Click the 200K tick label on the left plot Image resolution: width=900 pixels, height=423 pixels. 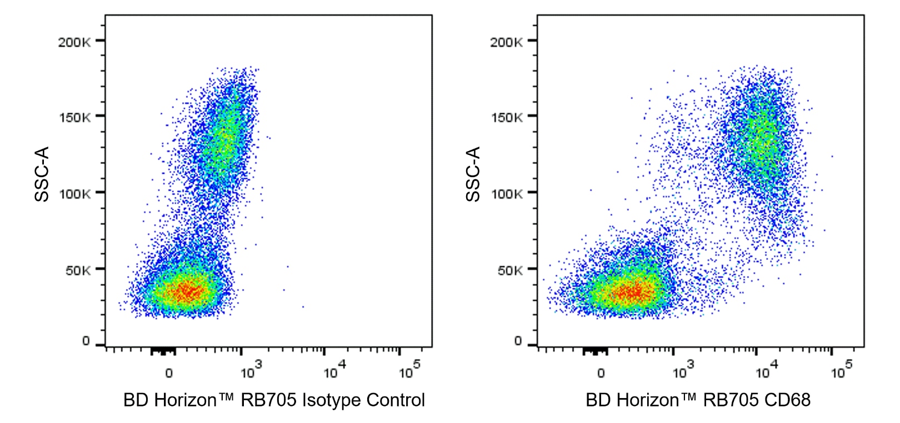(x=74, y=42)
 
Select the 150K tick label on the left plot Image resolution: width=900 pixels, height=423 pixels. (x=74, y=118)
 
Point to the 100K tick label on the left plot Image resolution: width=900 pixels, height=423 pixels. (x=74, y=194)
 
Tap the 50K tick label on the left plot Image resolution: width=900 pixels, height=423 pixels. (x=77, y=271)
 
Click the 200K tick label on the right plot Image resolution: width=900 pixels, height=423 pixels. (x=506, y=42)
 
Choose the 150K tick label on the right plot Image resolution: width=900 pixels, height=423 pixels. (x=506, y=118)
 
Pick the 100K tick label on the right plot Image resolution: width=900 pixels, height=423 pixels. (x=506, y=194)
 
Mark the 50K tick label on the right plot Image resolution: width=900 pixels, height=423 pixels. (x=509, y=271)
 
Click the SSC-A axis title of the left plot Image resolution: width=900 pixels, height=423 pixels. (x=42, y=174)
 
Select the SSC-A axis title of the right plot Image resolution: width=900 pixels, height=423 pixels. (x=473, y=174)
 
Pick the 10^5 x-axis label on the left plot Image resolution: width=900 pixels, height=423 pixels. (x=409, y=371)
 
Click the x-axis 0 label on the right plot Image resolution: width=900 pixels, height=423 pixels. (x=601, y=374)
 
